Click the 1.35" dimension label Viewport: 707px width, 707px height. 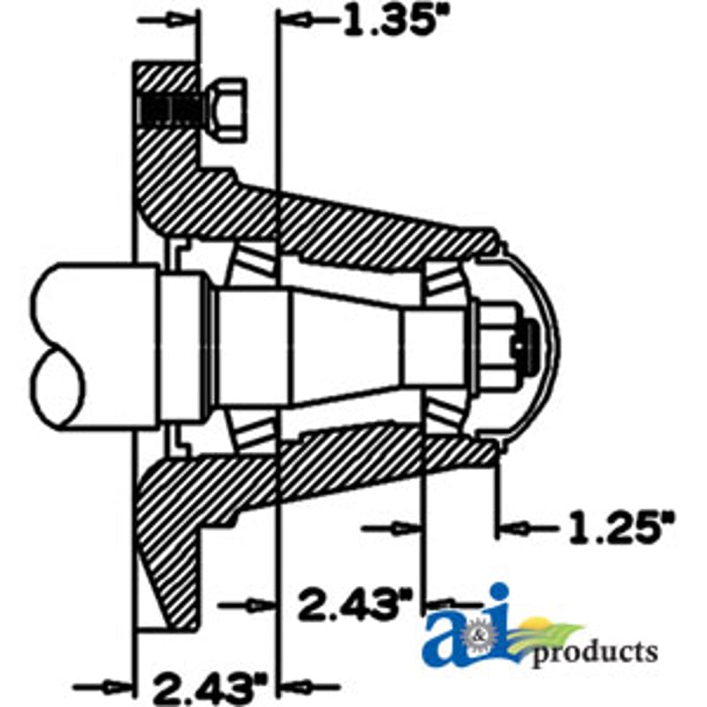point(391,21)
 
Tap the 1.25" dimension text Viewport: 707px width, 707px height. point(622,527)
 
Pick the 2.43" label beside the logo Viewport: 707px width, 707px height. point(355,604)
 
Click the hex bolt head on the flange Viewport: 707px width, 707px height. point(228,110)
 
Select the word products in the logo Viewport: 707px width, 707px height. point(595,651)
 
